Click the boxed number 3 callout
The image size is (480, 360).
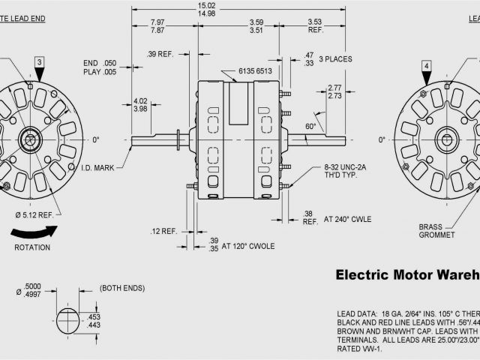point(38,61)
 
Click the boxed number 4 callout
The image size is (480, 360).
point(426,66)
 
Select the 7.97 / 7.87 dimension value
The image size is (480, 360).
point(157,26)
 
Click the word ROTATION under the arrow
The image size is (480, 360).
point(31,247)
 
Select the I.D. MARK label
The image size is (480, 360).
point(98,168)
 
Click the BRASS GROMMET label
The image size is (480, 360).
point(437,229)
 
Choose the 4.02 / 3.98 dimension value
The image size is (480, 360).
point(140,105)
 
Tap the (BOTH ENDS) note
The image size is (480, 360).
point(121,288)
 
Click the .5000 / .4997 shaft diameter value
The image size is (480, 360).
point(33,289)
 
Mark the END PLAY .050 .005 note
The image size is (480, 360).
point(100,67)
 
